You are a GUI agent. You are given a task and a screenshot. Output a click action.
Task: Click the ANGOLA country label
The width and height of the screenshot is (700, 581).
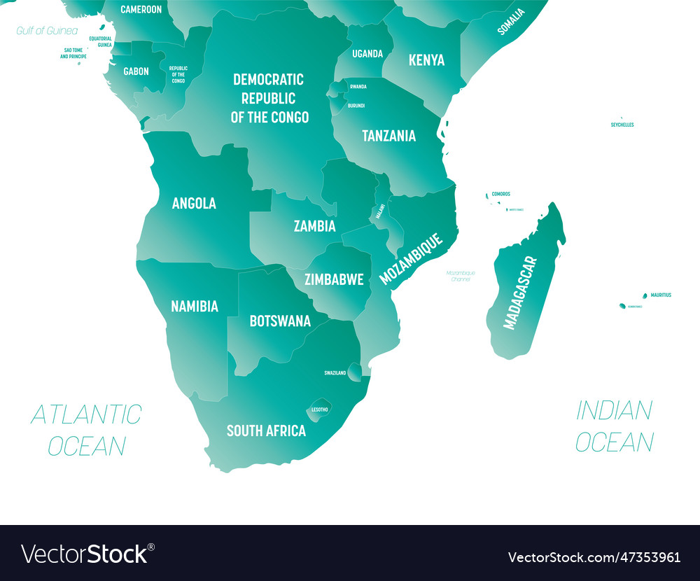194,203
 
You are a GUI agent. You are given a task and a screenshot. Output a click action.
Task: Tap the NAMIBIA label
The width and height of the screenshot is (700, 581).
195,306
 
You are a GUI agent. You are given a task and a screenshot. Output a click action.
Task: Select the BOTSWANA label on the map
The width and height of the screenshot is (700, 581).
280,321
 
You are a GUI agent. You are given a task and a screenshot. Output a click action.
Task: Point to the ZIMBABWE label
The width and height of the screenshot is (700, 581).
334,279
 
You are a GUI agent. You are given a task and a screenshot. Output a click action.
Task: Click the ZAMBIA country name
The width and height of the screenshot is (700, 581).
314,226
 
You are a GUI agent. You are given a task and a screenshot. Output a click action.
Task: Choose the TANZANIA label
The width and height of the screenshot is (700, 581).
388,136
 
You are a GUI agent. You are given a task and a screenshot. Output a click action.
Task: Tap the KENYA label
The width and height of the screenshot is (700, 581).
426,60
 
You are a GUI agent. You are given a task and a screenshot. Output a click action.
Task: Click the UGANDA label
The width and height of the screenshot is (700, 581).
367,54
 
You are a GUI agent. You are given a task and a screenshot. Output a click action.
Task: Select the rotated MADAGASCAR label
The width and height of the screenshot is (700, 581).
521,293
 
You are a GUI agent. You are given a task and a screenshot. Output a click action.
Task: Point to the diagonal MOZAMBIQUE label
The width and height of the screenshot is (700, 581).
411,259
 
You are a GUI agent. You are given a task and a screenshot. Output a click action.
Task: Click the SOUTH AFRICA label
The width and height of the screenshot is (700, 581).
266,430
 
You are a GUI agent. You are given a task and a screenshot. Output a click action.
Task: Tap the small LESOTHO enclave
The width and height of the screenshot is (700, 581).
319,409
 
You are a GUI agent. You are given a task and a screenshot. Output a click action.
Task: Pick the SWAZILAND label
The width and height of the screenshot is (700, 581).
335,373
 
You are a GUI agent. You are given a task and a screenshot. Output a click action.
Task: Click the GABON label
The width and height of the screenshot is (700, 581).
136,71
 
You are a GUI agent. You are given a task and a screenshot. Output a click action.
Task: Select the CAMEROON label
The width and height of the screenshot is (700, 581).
141,10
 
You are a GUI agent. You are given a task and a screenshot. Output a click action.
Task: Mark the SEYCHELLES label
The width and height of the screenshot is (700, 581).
622,125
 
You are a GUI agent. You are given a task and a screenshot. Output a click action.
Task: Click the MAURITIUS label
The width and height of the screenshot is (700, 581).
660,295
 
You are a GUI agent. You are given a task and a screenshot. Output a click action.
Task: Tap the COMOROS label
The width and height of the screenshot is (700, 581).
500,194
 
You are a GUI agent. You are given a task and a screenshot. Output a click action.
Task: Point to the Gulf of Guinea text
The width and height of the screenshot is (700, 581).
47,31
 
